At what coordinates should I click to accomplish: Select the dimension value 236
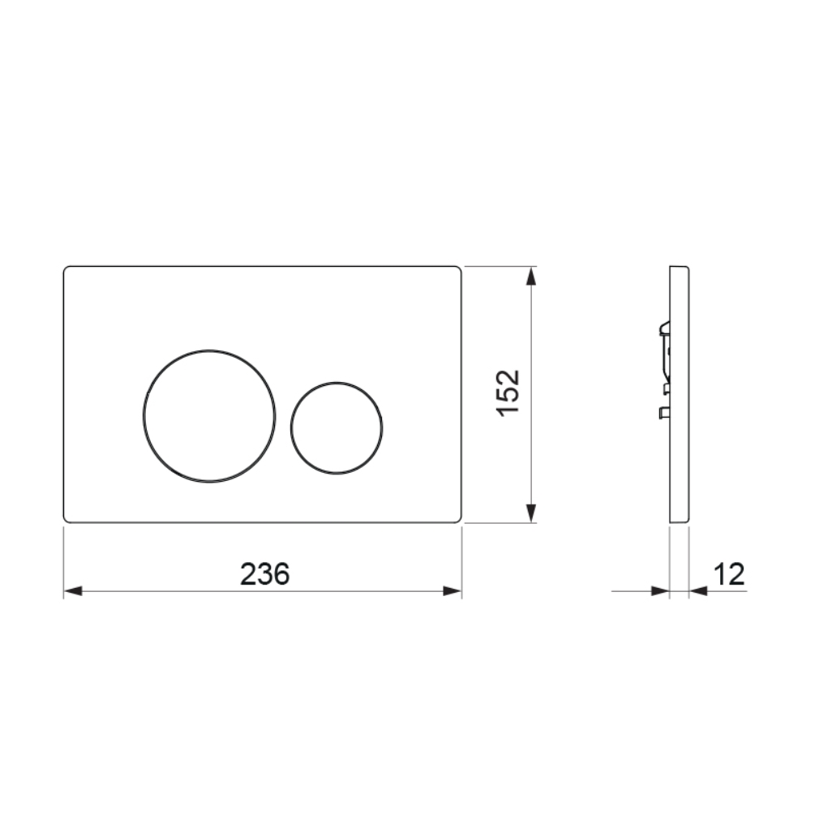pyautogui.click(x=264, y=574)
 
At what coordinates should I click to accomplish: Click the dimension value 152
pyautogui.click(x=508, y=392)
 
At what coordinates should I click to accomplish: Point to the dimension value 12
pyautogui.click(x=729, y=574)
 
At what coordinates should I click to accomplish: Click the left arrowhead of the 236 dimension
pyautogui.click(x=73, y=591)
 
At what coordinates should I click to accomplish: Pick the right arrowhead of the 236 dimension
pyautogui.click(x=453, y=591)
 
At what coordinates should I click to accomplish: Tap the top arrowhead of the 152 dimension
pyautogui.click(x=530, y=276)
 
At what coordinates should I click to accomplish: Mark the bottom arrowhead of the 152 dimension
pyautogui.click(x=530, y=513)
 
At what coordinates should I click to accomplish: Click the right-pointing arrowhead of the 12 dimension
pyautogui.click(x=660, y=591)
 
